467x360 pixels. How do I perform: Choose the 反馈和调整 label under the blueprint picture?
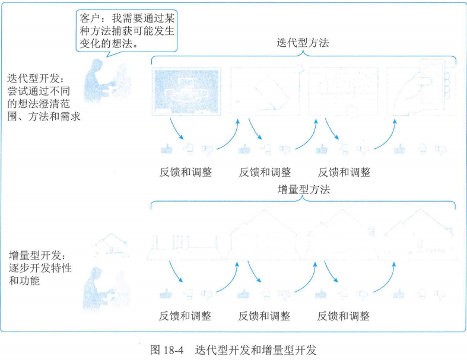[x=186, y=172]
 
